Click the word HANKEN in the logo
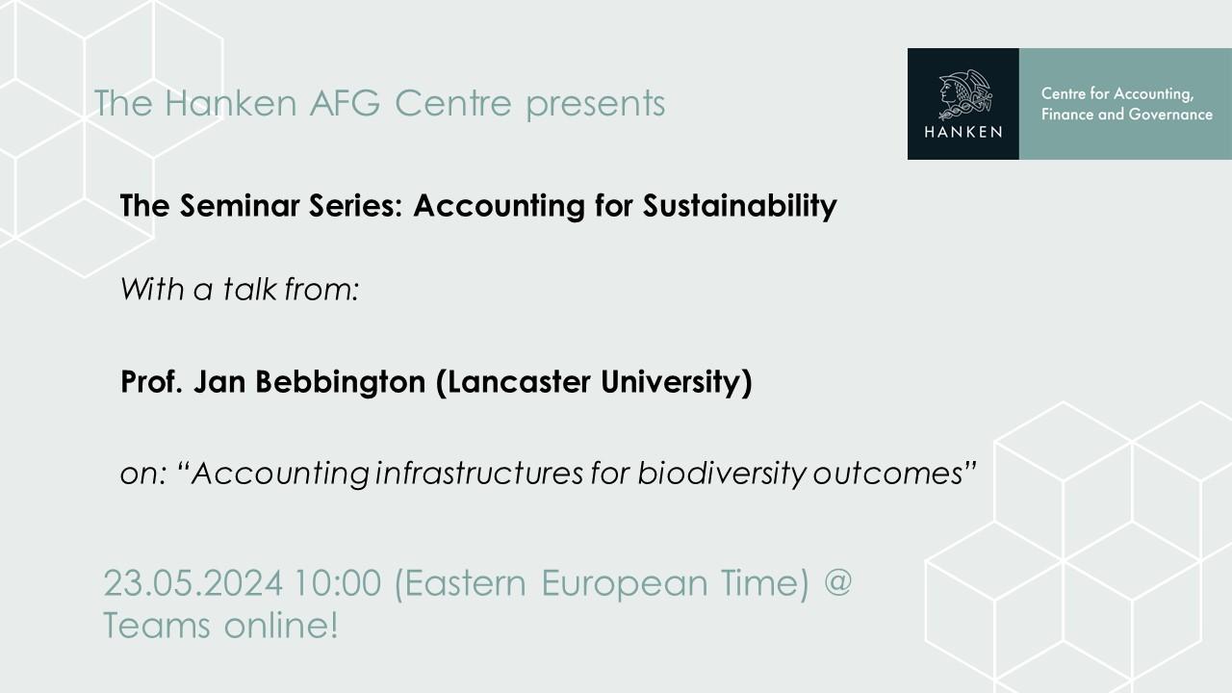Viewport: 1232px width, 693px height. [963, 132]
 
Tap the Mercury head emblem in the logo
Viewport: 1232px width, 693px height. [964, 94]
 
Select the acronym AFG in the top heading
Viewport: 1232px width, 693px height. [345, 102]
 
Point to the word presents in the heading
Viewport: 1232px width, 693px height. [596, 105]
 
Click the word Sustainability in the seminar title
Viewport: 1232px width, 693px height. [740, 206]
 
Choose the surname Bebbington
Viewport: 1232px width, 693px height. [341, 382]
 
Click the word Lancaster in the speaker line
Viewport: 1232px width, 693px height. [519, 382]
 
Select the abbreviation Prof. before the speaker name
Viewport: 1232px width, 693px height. [151, 382]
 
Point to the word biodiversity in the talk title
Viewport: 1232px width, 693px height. [722, 474]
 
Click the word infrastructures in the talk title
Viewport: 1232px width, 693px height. [478, 473]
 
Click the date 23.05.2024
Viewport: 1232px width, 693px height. [193, 583]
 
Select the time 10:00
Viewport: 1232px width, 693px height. [338, 583]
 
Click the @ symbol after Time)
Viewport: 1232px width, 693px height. [838, 583]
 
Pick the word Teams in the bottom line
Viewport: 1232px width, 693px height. [157, 626]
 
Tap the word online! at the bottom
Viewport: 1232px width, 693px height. [281, 626]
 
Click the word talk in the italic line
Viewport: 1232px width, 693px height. [249, 290]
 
